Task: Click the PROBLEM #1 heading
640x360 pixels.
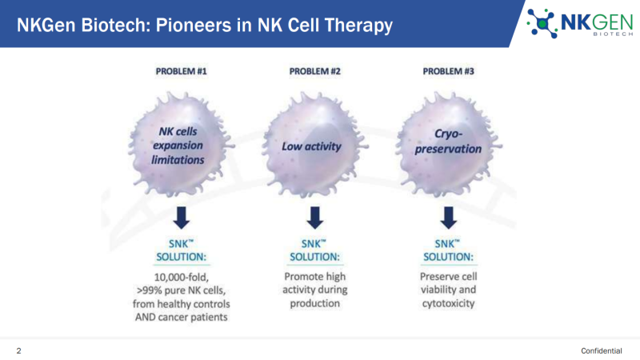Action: [182, 71]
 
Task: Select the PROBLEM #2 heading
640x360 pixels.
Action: [314, 71]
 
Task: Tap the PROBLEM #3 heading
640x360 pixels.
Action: [448, 71]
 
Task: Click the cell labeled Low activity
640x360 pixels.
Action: [314, 145]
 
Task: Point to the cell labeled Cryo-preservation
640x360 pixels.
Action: [448, 145]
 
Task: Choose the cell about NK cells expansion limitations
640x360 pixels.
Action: [182, 145]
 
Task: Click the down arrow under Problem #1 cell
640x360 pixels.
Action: [182, 218]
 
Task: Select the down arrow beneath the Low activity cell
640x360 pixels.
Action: [314, 218]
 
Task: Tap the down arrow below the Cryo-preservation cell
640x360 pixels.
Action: [448, 218]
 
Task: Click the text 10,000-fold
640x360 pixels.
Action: [182, 277]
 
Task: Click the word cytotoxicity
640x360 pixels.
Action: [448, 303]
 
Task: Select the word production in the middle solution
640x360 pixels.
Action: [314, 303]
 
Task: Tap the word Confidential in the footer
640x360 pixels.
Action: [602, 350]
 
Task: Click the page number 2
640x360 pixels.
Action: [18, 350]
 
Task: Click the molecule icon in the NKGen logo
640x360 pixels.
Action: [542, 24]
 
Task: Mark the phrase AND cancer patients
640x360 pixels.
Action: [182, 317]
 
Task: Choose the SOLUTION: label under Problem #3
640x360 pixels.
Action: [448, 257]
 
